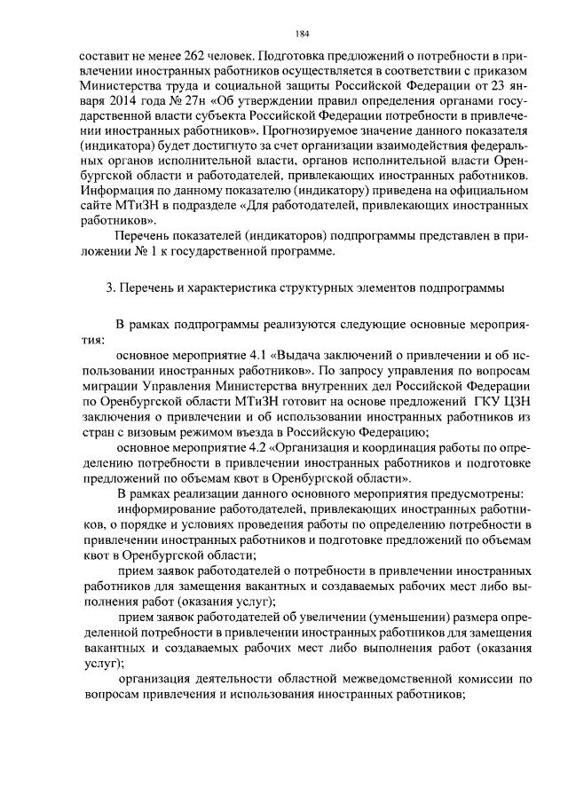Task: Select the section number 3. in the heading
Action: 109,287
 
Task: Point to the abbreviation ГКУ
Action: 489,399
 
